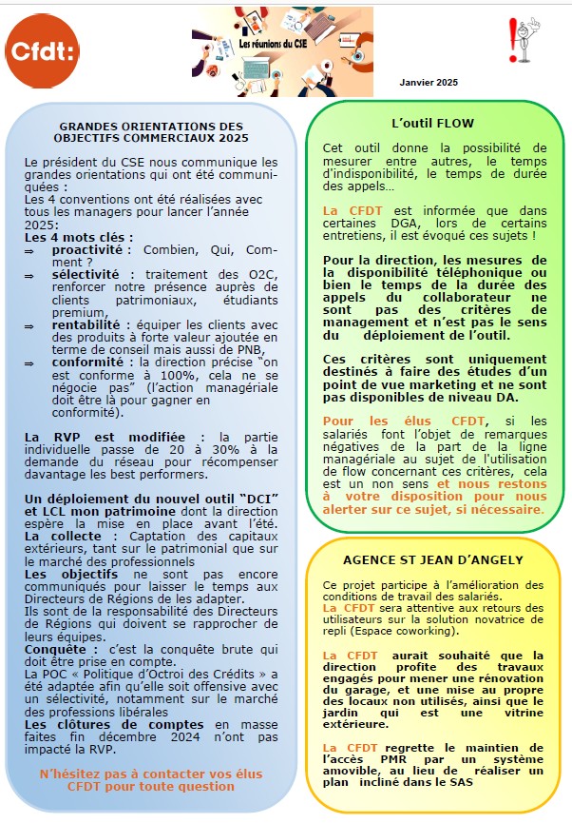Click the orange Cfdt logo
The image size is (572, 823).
click(41, 51)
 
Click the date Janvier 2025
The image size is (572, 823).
click(429, 83)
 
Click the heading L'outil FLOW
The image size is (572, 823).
click(432, 124)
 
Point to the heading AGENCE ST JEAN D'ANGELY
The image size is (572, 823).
click(432, 559)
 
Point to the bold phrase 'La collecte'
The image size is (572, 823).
click(54, 537)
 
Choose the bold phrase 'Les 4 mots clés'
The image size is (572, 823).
click(78, 237)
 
